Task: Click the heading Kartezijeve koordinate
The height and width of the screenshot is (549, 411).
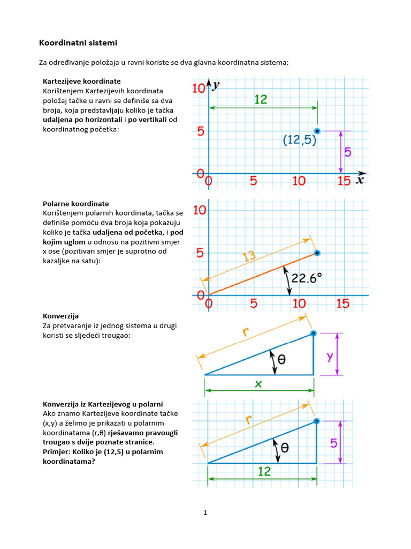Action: click(81, 81)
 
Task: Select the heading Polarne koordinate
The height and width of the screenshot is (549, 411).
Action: click(75, 204)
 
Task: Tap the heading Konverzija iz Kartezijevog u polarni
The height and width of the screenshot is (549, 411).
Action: click(102, 404)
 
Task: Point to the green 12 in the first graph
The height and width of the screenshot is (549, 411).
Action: click(261, 99)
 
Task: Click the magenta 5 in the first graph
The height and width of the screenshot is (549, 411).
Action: click(348, 152)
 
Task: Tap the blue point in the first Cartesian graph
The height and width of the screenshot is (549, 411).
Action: click(317, 131)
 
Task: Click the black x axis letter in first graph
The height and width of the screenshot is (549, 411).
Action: click(360, 180)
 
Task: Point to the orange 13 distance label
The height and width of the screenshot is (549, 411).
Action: click(249, 257)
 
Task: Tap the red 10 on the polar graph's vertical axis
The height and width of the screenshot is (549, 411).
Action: click(200, 210)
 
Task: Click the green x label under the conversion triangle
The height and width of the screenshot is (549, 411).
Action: click(258, 384)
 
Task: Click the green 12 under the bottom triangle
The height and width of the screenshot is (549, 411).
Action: click(264, 471)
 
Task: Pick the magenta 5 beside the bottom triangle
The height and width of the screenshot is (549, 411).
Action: click(333, 443)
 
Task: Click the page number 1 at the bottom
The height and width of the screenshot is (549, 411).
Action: click(205, 513)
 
